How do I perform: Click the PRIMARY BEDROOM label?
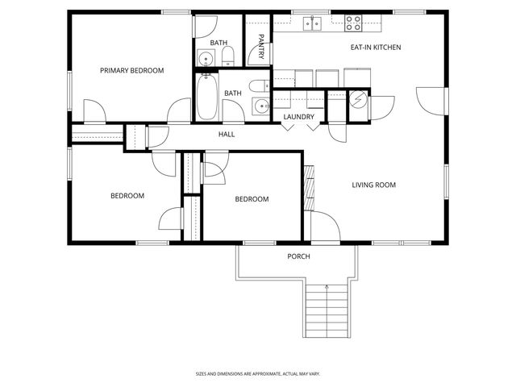click(131, 71)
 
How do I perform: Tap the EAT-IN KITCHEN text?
click(375, 48)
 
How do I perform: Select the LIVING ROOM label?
click(373, 185)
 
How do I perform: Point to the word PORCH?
click(298, 256)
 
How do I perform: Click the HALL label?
click(227, 135)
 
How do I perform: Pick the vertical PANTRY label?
click(261, 45)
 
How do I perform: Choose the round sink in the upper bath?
click(206, 58)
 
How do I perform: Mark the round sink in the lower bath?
click(260, 106)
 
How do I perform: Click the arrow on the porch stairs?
click(327, 287)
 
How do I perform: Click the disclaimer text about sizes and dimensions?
click(257, 374)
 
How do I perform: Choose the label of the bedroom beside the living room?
click(252, 199)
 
